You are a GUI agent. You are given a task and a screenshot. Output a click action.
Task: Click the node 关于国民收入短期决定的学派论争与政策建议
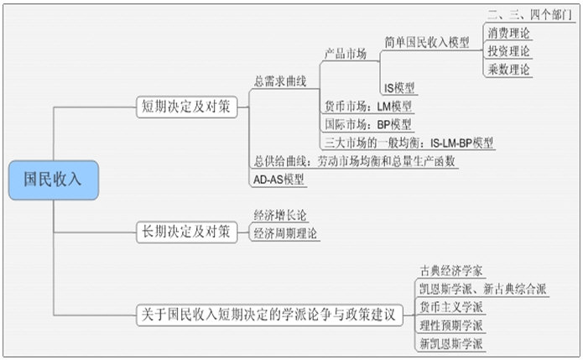click(269, 316)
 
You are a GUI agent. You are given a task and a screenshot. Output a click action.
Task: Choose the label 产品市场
click(346, 54)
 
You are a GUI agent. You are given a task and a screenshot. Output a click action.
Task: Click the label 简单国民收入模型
click(426, 42)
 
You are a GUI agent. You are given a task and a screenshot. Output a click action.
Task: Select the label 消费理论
click(508, 33)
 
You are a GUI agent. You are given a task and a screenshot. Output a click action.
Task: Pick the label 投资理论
click(508, 51)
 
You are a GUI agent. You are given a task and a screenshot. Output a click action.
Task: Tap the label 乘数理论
click(508, 70)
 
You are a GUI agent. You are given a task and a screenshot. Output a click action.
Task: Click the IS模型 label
click(399, 87)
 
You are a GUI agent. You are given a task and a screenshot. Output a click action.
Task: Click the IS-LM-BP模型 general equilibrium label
click(408, 142)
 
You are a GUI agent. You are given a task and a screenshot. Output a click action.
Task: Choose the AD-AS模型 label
click(278, 179)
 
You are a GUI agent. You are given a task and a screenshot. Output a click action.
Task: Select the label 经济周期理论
click(286, 233)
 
